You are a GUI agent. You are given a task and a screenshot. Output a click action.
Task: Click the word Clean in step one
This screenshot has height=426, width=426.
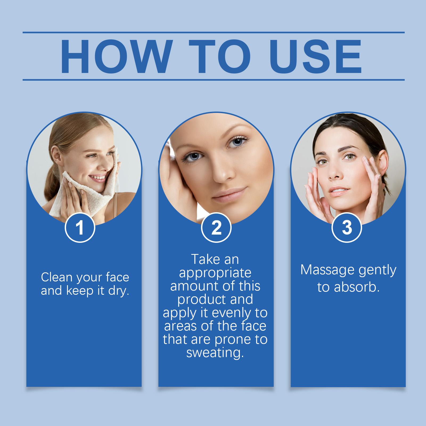[x=57, y=277]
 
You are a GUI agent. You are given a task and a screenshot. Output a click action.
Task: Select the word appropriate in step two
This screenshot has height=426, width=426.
[x=215, y=273]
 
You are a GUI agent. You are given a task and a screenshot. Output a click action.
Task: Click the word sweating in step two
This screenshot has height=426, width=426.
[x=215, y=353]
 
